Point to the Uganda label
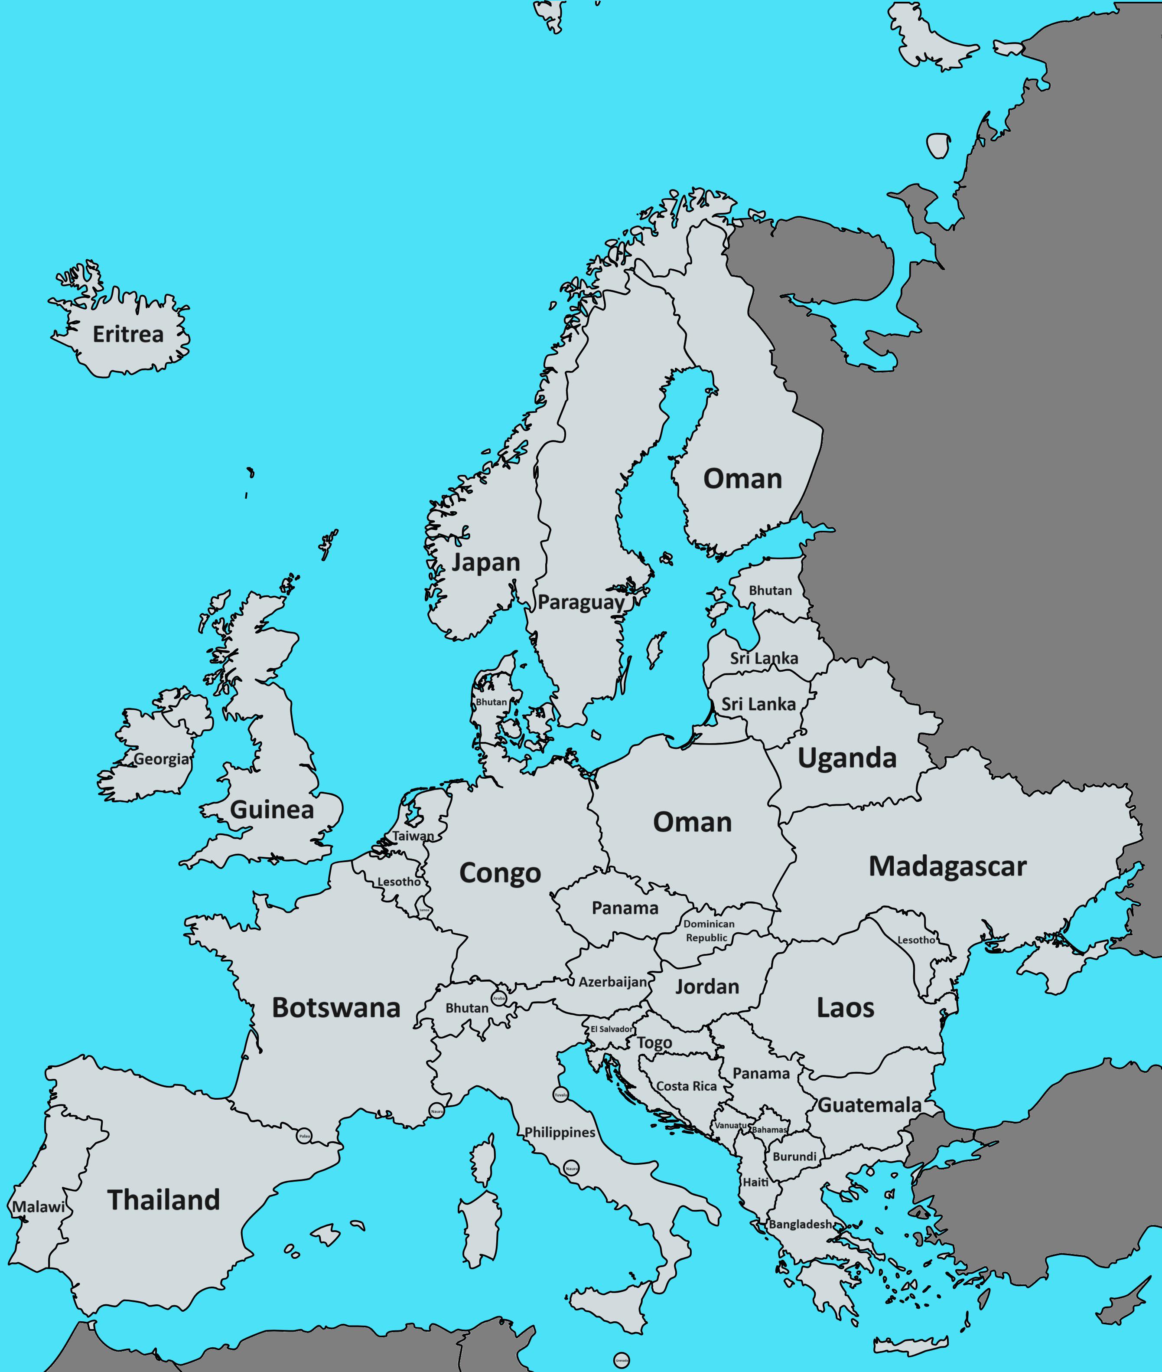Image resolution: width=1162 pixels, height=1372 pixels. pos(847,758)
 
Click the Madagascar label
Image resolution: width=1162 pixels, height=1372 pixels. pos(947,866)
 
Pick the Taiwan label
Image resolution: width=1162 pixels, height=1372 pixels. pos(413,836)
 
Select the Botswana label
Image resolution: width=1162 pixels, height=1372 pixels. pos(336,1008)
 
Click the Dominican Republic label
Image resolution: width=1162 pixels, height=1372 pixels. pos(708,931)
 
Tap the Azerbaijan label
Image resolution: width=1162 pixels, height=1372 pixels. pos(612,982)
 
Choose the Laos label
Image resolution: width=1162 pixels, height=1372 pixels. pos(845,1008)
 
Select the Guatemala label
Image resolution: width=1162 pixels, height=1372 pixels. pos(869,1105)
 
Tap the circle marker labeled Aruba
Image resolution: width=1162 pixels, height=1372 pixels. pos(499,998)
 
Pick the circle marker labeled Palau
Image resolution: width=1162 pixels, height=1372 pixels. pos(304,1136)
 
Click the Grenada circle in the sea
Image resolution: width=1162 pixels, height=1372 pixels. pos(621,1359)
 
